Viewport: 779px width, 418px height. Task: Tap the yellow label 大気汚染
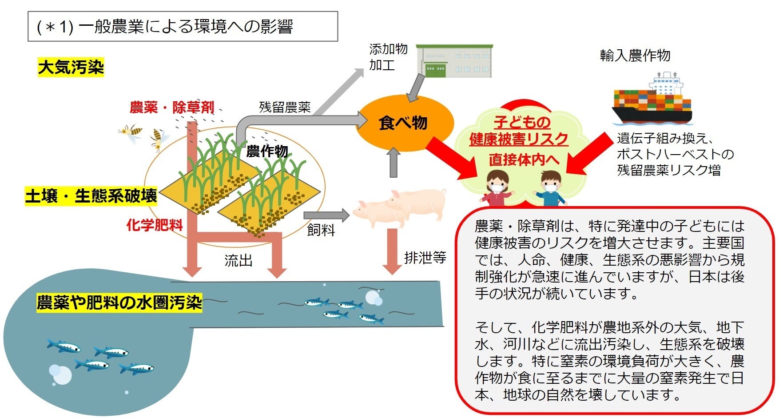point(71,68)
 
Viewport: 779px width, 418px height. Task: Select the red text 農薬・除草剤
point(171,107)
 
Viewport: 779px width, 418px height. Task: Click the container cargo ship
point(652,100)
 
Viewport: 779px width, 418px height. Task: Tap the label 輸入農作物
point(635,56)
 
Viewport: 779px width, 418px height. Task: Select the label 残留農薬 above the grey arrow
point(285,107)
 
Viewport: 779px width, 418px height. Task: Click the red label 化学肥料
point(155,225)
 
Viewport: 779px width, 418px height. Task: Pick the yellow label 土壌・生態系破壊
point(91,196)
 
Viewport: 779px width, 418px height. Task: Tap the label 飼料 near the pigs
point(321,230)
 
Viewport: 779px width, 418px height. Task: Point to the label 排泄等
point(425,257)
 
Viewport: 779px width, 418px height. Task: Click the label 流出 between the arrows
point(238,260)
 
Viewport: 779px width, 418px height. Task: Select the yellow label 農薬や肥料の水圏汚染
point(119,303)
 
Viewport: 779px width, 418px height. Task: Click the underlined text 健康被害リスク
point(518,139)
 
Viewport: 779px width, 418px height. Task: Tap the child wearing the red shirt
point(498,189)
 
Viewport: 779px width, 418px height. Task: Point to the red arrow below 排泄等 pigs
point(392,251)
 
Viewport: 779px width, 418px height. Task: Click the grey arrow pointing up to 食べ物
point(393,163)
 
